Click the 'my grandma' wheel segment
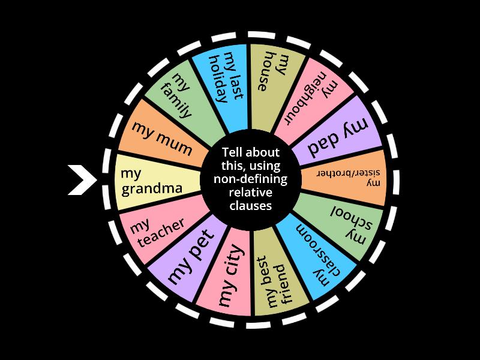[x=153, y=180]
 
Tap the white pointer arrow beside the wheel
[x=81, y=179]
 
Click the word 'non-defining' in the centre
[x=251, y=179]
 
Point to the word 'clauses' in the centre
[x=250, y=205]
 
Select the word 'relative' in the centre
[x=250, y=192]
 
